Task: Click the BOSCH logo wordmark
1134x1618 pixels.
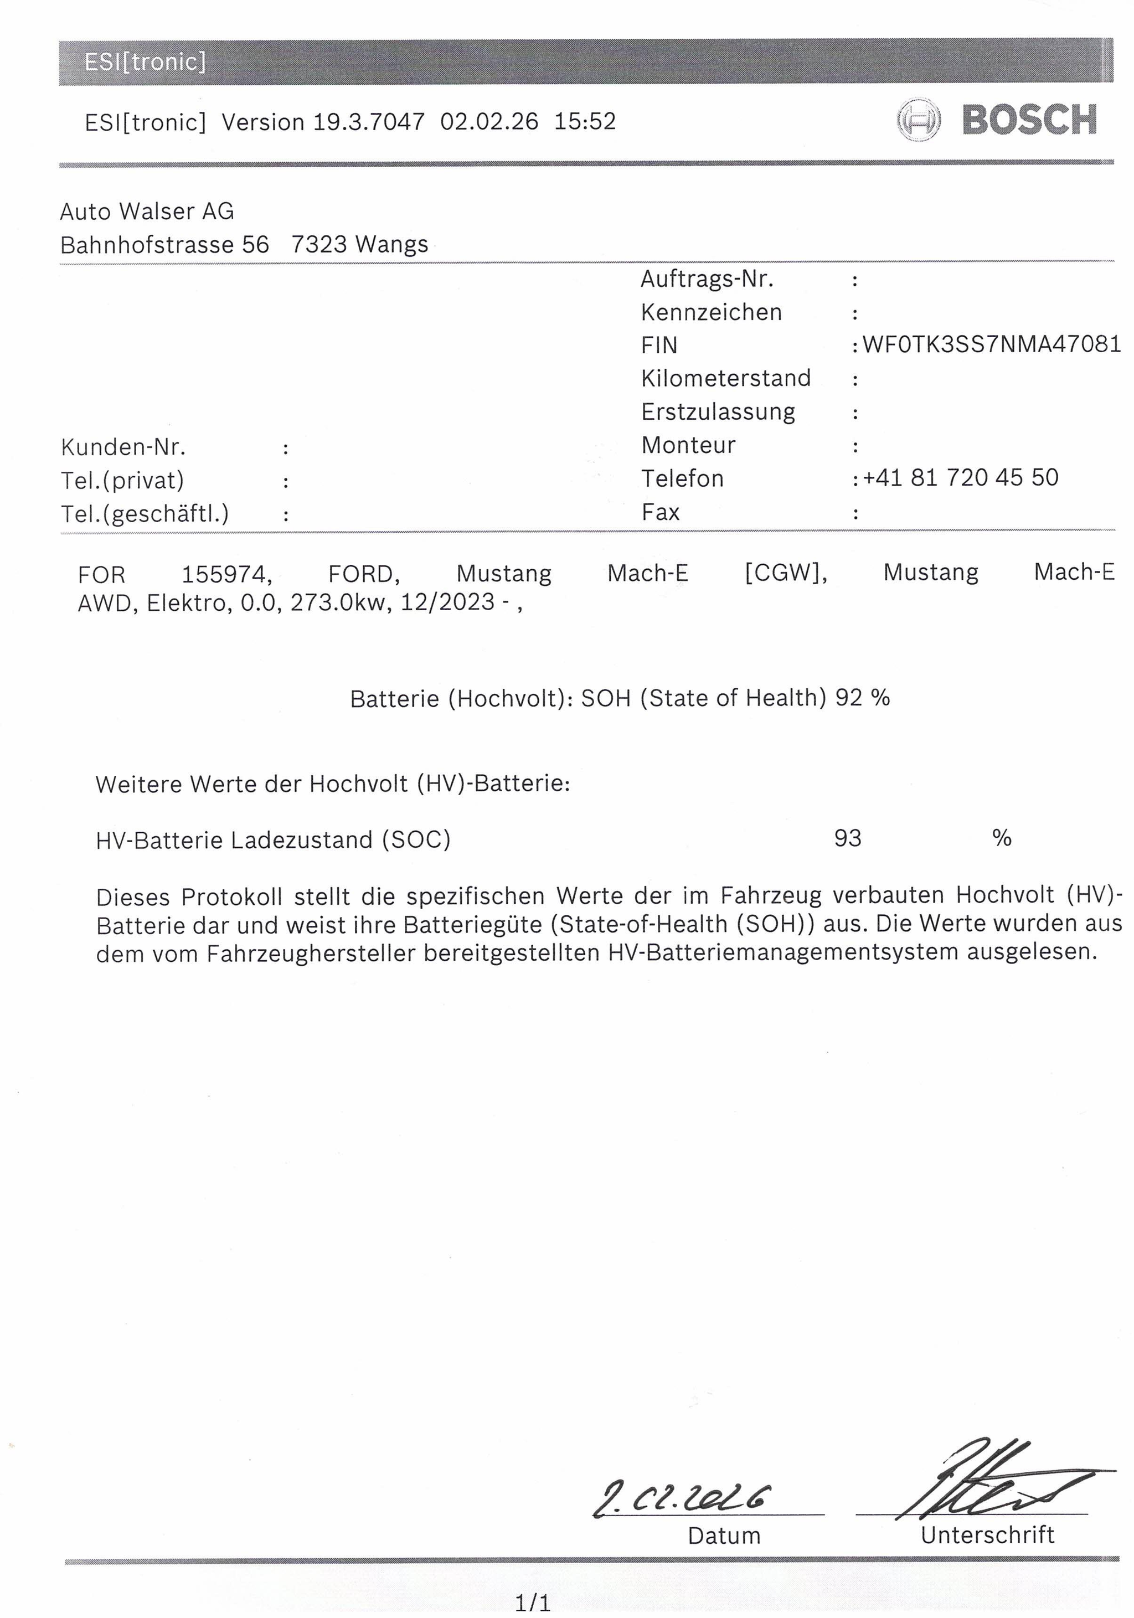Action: pos(1029,120)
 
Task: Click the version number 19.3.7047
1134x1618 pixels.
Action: pos(369,122)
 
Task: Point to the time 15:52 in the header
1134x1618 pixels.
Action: pos(584,121)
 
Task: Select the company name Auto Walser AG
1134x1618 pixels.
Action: pos(147,212)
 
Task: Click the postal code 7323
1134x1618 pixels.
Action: pos(318,245)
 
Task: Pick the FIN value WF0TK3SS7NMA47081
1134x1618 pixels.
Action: pos(991,344)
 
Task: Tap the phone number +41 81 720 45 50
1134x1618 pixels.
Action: pos(960,477)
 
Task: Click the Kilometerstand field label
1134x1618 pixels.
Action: pos(725,378)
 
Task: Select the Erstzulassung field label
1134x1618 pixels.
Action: pos(718,411)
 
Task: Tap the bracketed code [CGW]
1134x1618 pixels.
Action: pos(785,573)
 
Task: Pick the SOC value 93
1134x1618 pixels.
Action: pos(847,838)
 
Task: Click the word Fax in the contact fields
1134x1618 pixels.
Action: pos(661,512)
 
